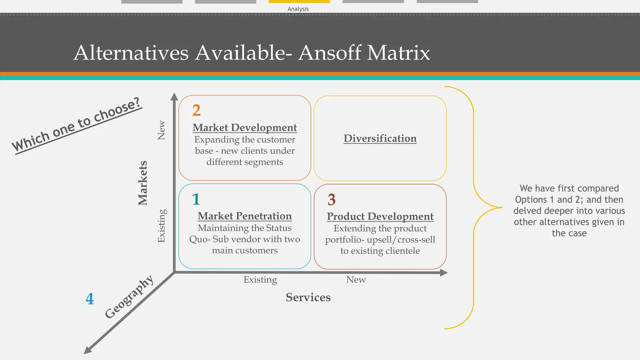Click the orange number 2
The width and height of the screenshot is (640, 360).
196,110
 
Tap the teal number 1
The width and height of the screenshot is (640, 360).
196,199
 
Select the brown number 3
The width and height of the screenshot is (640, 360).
331,200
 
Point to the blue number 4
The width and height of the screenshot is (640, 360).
90,299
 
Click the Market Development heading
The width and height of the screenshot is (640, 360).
245,127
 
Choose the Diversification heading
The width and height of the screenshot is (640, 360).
380,138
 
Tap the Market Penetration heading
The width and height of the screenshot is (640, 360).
245,216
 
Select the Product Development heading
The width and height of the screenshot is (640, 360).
380,216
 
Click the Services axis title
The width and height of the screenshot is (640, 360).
308,297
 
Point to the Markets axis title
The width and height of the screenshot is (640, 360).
142,183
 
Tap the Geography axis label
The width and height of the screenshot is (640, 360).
129,297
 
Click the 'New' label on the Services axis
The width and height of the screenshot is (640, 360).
356,279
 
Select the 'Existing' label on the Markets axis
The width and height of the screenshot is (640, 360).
161,226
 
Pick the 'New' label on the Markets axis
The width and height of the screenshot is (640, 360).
161,130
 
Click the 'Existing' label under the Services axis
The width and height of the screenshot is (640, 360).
260,279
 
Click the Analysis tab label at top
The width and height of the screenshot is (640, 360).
298,9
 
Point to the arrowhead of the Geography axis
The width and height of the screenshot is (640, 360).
88,350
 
